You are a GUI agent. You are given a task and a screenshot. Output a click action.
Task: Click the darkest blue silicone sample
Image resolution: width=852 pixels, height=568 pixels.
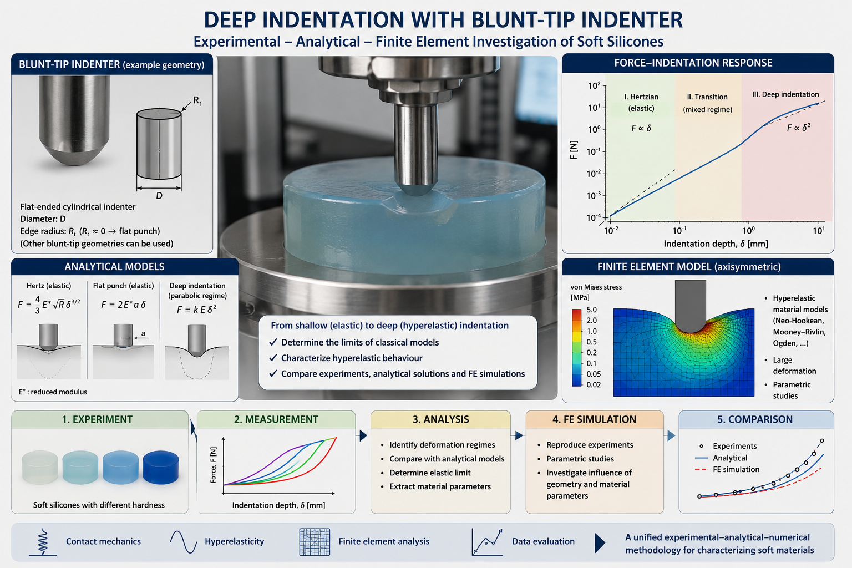coord(160,467)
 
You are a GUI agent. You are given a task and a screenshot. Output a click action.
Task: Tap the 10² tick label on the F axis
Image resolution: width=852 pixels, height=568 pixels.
coord(594,85)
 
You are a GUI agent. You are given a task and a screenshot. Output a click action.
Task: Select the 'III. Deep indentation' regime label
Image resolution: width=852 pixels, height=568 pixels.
coord(785,94)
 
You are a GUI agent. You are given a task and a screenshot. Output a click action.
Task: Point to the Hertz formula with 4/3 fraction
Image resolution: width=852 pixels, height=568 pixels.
coord(49,305)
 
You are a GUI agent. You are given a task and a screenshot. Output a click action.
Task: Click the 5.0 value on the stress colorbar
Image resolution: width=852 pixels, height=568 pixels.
coord(591,310)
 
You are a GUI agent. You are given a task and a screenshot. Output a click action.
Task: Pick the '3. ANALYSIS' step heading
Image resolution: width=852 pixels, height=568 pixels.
coord(441,419)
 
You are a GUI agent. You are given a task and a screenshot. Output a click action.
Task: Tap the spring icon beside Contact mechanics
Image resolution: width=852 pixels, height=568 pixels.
coord(43,542)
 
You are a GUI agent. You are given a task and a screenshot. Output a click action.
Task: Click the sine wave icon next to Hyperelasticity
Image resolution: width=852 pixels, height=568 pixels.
coord(184,541)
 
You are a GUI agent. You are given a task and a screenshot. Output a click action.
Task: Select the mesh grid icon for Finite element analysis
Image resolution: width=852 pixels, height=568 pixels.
coord(315,542)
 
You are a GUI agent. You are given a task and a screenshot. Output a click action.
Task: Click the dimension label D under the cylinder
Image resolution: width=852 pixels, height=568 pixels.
coord(159,196)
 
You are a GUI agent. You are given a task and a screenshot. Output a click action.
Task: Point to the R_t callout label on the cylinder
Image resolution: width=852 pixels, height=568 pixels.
coord(197,101)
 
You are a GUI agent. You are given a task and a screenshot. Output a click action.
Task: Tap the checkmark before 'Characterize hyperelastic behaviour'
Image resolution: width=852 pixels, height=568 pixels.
coord(273,358)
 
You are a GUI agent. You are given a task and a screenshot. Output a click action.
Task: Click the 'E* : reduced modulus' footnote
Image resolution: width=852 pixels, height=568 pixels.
coord(53,392)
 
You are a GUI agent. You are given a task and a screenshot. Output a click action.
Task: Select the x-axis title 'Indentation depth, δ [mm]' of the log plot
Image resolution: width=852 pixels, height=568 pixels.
coord(716,244)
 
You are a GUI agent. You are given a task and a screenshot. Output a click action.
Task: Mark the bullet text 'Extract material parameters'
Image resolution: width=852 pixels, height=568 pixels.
coord(440,486)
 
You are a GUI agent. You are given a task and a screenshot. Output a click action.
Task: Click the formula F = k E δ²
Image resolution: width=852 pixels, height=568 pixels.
coord(197,309)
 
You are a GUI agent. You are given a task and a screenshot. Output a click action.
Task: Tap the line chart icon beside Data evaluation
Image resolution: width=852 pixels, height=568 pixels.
coord(487,542)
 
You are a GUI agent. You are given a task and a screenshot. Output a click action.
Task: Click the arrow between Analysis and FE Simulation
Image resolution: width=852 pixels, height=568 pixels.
coord(519,435)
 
